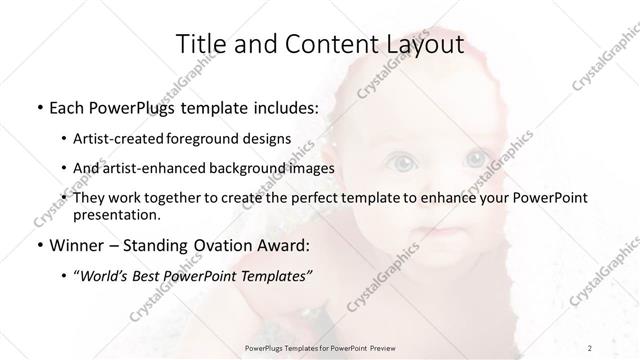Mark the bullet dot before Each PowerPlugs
click(x=39, y=108)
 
